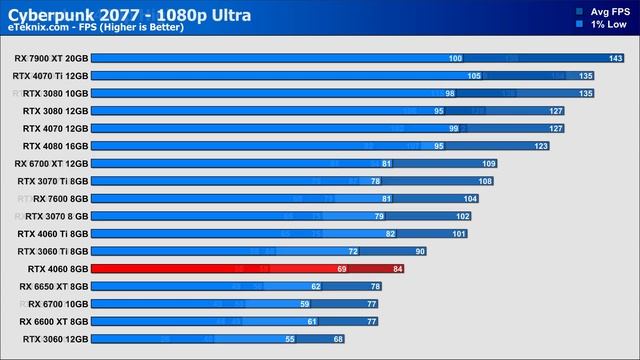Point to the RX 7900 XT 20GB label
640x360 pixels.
pos(51,58)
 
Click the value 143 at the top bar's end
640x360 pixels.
pos(616,59)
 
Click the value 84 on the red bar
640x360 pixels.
pos(398,269)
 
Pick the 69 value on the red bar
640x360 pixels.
pos(341,269)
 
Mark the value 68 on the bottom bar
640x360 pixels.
pos(338,339)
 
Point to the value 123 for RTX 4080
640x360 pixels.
pos(541,146)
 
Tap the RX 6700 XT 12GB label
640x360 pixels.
pos(52,163)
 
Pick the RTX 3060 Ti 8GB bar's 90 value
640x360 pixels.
pos(420,251)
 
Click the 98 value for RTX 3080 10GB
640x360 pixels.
pos(450,93)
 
